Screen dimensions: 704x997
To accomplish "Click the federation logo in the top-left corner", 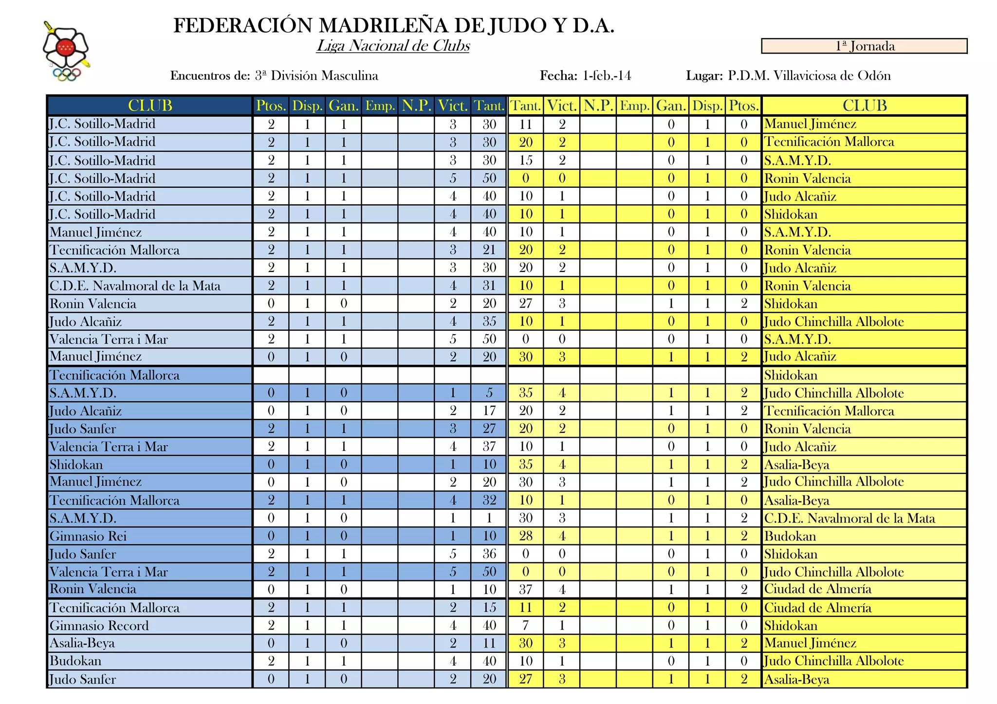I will click(66, 51).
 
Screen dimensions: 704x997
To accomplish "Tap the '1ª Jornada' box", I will click(864, 46).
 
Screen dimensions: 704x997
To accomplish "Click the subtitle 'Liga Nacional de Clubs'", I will click(393, 46).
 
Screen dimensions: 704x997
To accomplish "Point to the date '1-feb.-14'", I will click(607, 76).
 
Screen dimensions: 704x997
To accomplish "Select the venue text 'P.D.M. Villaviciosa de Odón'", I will click(809, 76).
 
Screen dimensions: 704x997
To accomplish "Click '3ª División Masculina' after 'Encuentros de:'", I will click(316, 76).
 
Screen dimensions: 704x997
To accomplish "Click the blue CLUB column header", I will click(150, 106).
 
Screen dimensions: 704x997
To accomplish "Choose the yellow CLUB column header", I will click(865, 106).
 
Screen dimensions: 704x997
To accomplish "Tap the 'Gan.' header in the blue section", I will click(344, 106).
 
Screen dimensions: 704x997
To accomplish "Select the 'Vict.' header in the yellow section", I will click(562, 106).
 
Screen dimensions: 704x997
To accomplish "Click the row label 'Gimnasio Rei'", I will click(88, 536).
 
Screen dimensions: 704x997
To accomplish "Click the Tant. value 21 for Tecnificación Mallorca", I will click(489, 250).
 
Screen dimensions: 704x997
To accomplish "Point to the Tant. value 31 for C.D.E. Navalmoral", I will click(489, 286).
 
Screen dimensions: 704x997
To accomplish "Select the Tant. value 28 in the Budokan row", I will click(526, 536).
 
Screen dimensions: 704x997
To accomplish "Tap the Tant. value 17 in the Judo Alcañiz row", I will click(489, 411).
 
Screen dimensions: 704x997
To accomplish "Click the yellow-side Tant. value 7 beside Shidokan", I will click(526, 626).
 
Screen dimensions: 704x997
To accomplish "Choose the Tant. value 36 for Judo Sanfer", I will click(489, 554).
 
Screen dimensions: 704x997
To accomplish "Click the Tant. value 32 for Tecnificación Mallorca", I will click(489, 500).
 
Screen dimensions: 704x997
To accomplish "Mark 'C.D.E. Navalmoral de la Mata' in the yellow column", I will click(849, 518).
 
